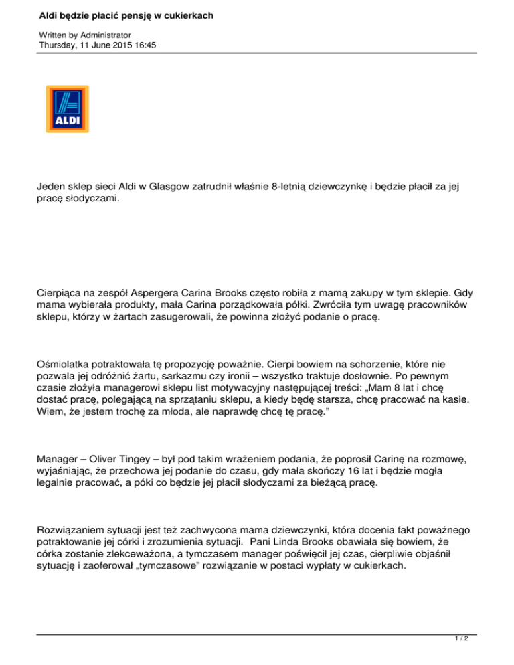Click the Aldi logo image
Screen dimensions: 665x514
tap(67, 109)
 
